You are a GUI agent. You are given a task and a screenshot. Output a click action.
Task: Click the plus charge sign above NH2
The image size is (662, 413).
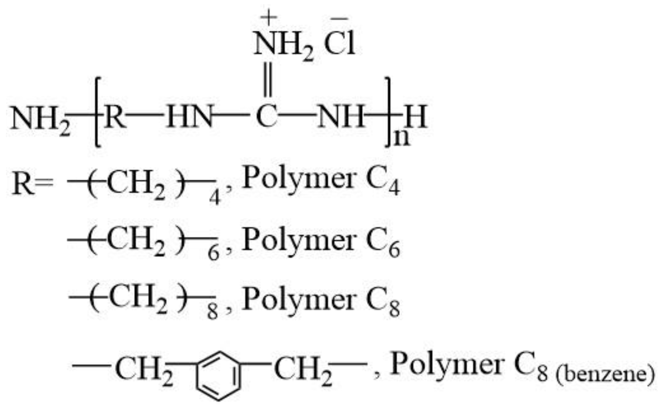point(268,17)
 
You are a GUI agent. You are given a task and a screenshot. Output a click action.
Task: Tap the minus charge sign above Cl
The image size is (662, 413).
point(339,18)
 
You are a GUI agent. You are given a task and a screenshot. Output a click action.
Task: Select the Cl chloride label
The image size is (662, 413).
point(340,45)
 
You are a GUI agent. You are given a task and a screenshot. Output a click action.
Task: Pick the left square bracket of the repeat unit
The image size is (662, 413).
point(98,112)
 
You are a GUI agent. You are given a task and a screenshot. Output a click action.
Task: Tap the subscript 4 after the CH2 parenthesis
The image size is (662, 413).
point(215,197)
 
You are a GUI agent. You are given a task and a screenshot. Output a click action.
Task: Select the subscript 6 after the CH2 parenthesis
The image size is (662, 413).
point(214,254)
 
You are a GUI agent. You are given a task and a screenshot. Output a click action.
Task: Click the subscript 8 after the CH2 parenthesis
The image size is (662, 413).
point(212,312)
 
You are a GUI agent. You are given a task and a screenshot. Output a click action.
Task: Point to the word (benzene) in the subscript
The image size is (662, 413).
point(605,375)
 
